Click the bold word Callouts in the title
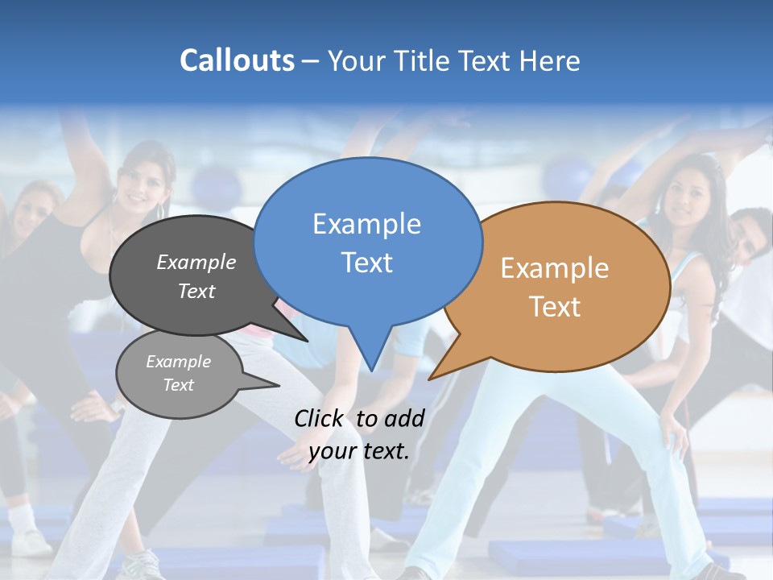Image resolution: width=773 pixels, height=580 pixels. [237, 60]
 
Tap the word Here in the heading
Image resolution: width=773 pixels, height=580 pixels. [548, 60]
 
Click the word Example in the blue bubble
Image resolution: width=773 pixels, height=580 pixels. [366, 223]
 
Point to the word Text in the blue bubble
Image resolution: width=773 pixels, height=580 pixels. [366, 262]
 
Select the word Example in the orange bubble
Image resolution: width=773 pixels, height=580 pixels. [555, 267]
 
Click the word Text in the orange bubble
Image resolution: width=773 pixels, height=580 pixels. [555, 306]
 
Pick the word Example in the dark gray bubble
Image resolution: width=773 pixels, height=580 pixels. [196, 262]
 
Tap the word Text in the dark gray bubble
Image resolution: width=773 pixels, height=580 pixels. [196, 291]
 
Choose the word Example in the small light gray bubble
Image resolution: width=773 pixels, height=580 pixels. [178, 362]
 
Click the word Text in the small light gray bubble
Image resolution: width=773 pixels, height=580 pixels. [178, 385]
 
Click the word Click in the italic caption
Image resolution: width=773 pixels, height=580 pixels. [320, 418]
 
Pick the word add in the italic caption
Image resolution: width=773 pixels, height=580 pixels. [403, 418]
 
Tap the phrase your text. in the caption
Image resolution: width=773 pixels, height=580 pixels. [359, 450]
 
